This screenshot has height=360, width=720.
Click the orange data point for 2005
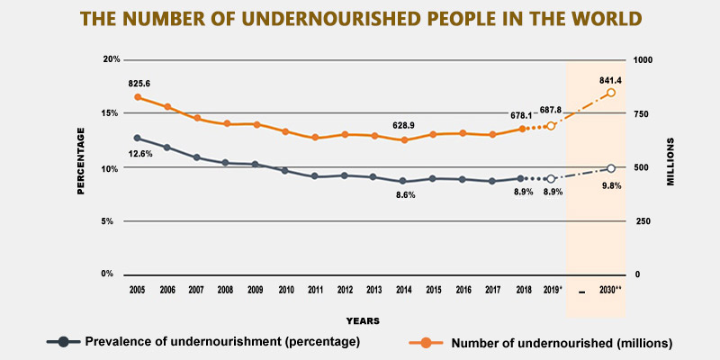point(138,97)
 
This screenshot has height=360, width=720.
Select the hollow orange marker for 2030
point(611,93)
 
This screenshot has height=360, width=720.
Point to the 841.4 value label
point(612,78)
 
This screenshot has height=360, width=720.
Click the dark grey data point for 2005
point(137,138)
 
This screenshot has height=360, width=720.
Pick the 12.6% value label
point(140,154)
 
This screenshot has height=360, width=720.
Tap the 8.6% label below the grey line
point(406,195)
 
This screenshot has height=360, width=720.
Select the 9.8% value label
point(613,185)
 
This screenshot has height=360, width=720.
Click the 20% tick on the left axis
point(111,59)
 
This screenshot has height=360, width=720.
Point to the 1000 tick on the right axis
point(647,59)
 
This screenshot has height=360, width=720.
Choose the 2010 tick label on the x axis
point(286,290)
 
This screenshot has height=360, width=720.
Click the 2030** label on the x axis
point(612,290)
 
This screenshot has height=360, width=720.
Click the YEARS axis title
point(362,319)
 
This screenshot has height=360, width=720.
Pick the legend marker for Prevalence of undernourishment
point(63,341)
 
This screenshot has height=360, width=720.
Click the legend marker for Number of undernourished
point(427,342)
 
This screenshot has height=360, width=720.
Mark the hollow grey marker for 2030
point(611,168)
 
